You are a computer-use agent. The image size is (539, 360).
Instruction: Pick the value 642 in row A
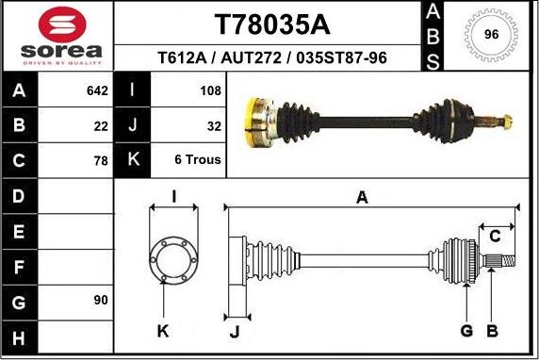[x=98, y=91]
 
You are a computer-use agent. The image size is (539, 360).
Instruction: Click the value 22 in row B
[x=102, y=125]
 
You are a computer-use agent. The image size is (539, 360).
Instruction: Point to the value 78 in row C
[x=102, y=160]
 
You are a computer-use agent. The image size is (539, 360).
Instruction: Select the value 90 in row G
[x=101, y=300]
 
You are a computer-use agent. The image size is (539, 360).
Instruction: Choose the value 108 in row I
[x=210, y=91]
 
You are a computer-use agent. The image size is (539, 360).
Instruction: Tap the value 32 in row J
[x=213, y=125]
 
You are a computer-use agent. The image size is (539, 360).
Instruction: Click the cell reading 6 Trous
[x=198, y=160]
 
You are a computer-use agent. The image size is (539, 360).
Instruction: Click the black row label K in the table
[x=133, y=160]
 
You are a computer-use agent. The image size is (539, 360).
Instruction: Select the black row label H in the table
[x=20, y=335]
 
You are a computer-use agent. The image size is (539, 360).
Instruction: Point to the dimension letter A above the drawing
[x=361, y=197]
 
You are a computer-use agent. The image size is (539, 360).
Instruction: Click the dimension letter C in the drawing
[x=494, y=236]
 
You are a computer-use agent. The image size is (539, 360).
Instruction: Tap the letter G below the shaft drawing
[x=465, y=331]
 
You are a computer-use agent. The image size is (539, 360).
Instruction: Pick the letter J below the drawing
[x=236, y=331]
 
